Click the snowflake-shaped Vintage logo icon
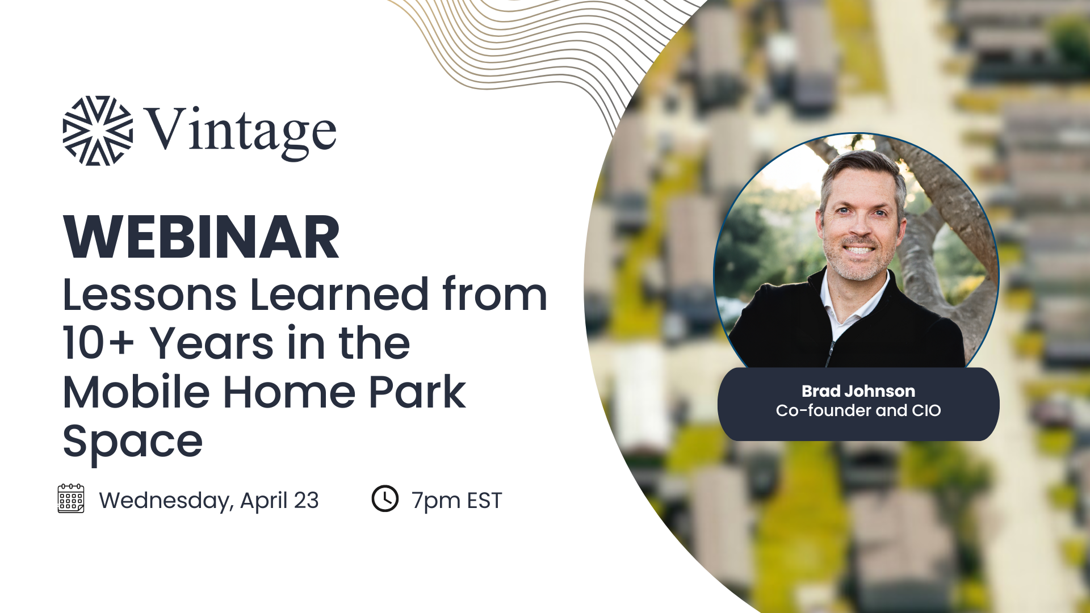(98, 131)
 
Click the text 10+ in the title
(98, 343)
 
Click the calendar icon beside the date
(71, 498)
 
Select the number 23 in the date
(306, 500)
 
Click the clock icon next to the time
(385, 498)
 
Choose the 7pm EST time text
(457, 501)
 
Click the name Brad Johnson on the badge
(858, 391)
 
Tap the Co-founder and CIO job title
(858, 410)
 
